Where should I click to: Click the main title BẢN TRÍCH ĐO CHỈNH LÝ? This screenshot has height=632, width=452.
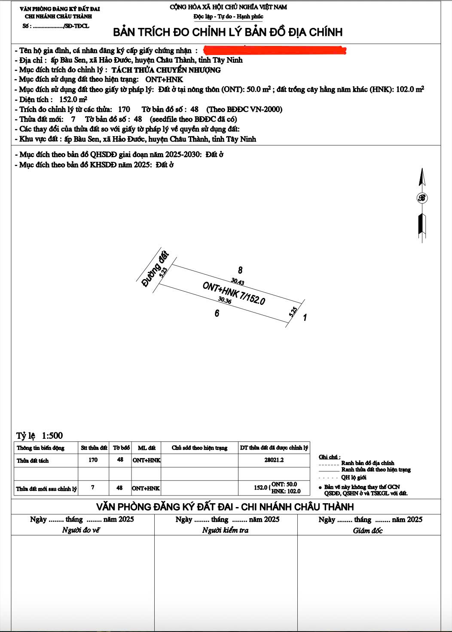pos(228,32)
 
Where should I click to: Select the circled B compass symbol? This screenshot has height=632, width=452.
pos(422,198)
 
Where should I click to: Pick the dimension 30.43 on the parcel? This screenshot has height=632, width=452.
pos(237,282)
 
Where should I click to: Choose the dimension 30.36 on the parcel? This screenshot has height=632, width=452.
pos(225,300)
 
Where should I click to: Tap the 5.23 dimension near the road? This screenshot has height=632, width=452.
pos(163,272)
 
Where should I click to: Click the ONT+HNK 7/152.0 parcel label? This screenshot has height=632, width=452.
pos(234,293)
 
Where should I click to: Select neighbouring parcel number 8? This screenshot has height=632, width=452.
pos(240,270)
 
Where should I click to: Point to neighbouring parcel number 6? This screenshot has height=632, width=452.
pos(217,313)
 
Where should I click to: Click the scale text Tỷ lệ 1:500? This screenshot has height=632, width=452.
pos(40,436)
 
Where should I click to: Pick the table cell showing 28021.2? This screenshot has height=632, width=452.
pos(274,460)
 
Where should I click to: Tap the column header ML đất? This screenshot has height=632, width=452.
pos(147,448)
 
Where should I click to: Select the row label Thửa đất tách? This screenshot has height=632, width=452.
pos(33,461)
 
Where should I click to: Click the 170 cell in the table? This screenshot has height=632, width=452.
pos(93,460)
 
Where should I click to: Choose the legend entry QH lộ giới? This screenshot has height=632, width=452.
pos(354,477)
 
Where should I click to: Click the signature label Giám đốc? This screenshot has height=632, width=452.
pos(368,531)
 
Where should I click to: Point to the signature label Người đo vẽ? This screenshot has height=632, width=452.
pos(81,530)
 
